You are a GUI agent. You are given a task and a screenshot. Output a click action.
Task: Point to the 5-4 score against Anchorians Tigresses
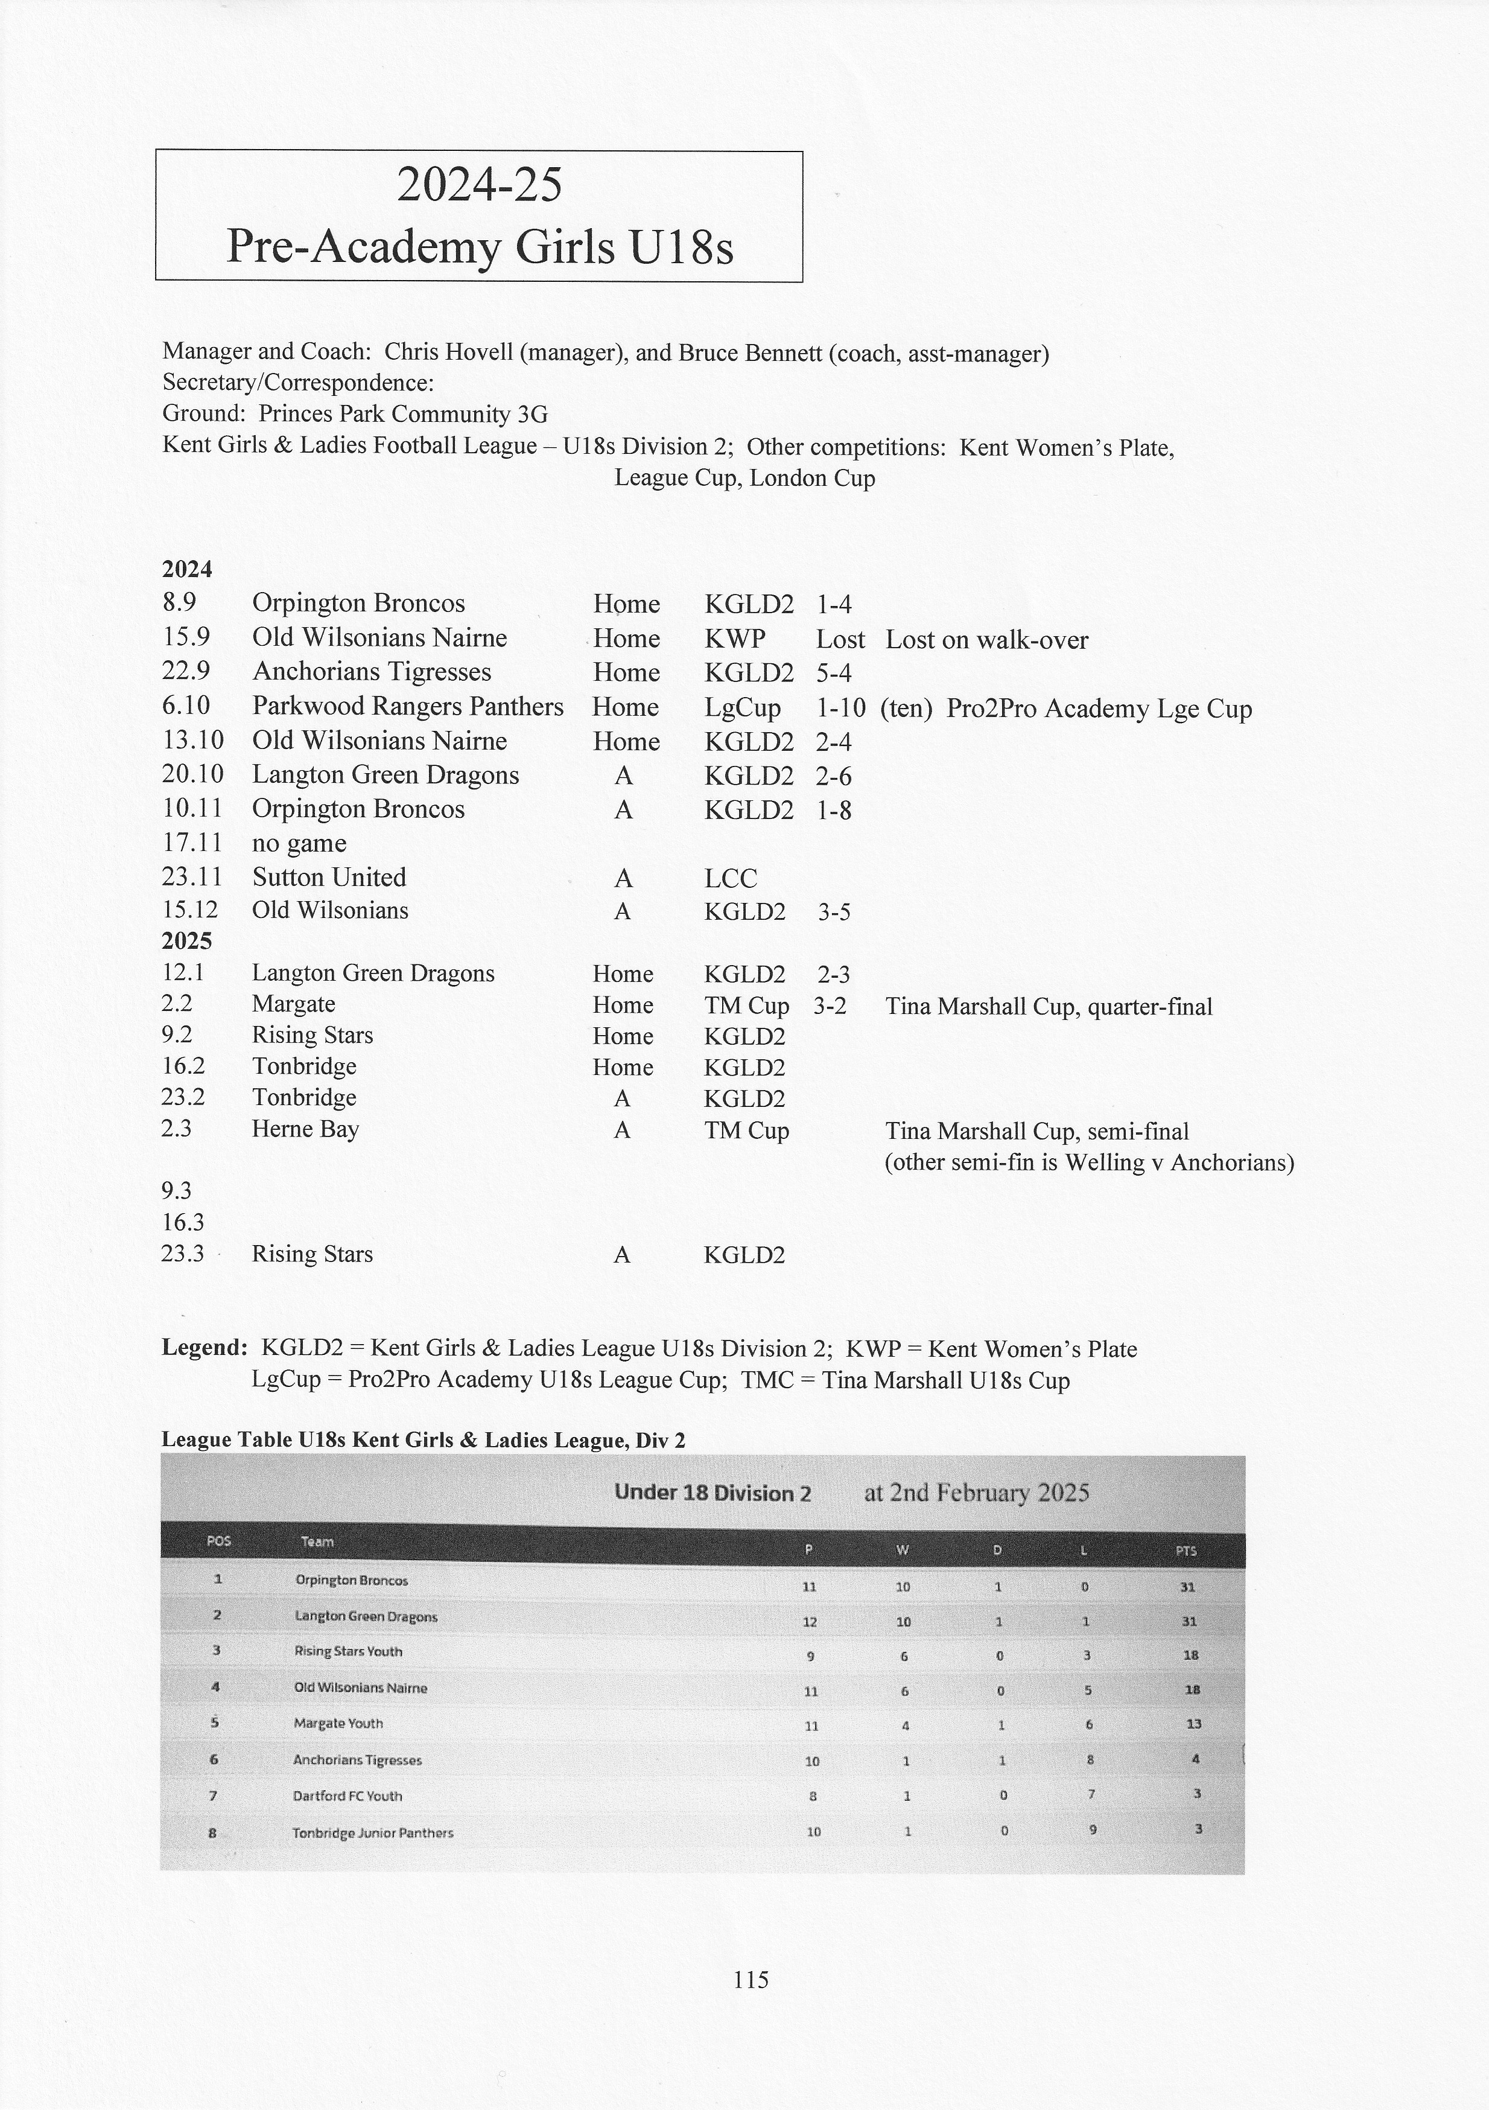(x=833, y=674)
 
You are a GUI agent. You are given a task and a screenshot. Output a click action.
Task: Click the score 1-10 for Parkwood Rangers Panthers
(x=840, y=707)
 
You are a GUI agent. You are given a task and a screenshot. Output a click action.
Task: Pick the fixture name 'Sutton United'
(x=329, y=878)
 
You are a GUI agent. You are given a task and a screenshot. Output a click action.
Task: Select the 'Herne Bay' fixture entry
(x=305, y=1129)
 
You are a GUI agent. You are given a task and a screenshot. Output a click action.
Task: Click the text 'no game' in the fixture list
(x=299, y=844)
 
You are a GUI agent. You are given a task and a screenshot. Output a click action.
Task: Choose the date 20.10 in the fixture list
(x=192, y=775)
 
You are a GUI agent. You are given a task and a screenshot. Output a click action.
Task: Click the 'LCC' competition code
(x=730, y=879)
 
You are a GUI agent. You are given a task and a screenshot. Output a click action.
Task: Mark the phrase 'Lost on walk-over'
(x=986, y=640)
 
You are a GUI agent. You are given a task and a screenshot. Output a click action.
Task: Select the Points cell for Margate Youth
(x=1193, y=1723)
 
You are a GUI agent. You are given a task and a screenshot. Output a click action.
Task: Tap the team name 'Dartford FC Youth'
(x=348, y=1795)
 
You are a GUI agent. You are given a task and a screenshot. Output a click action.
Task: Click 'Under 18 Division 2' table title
(x=713, y=1493)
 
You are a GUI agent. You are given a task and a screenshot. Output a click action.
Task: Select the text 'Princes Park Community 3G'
(x=403, y=415)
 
